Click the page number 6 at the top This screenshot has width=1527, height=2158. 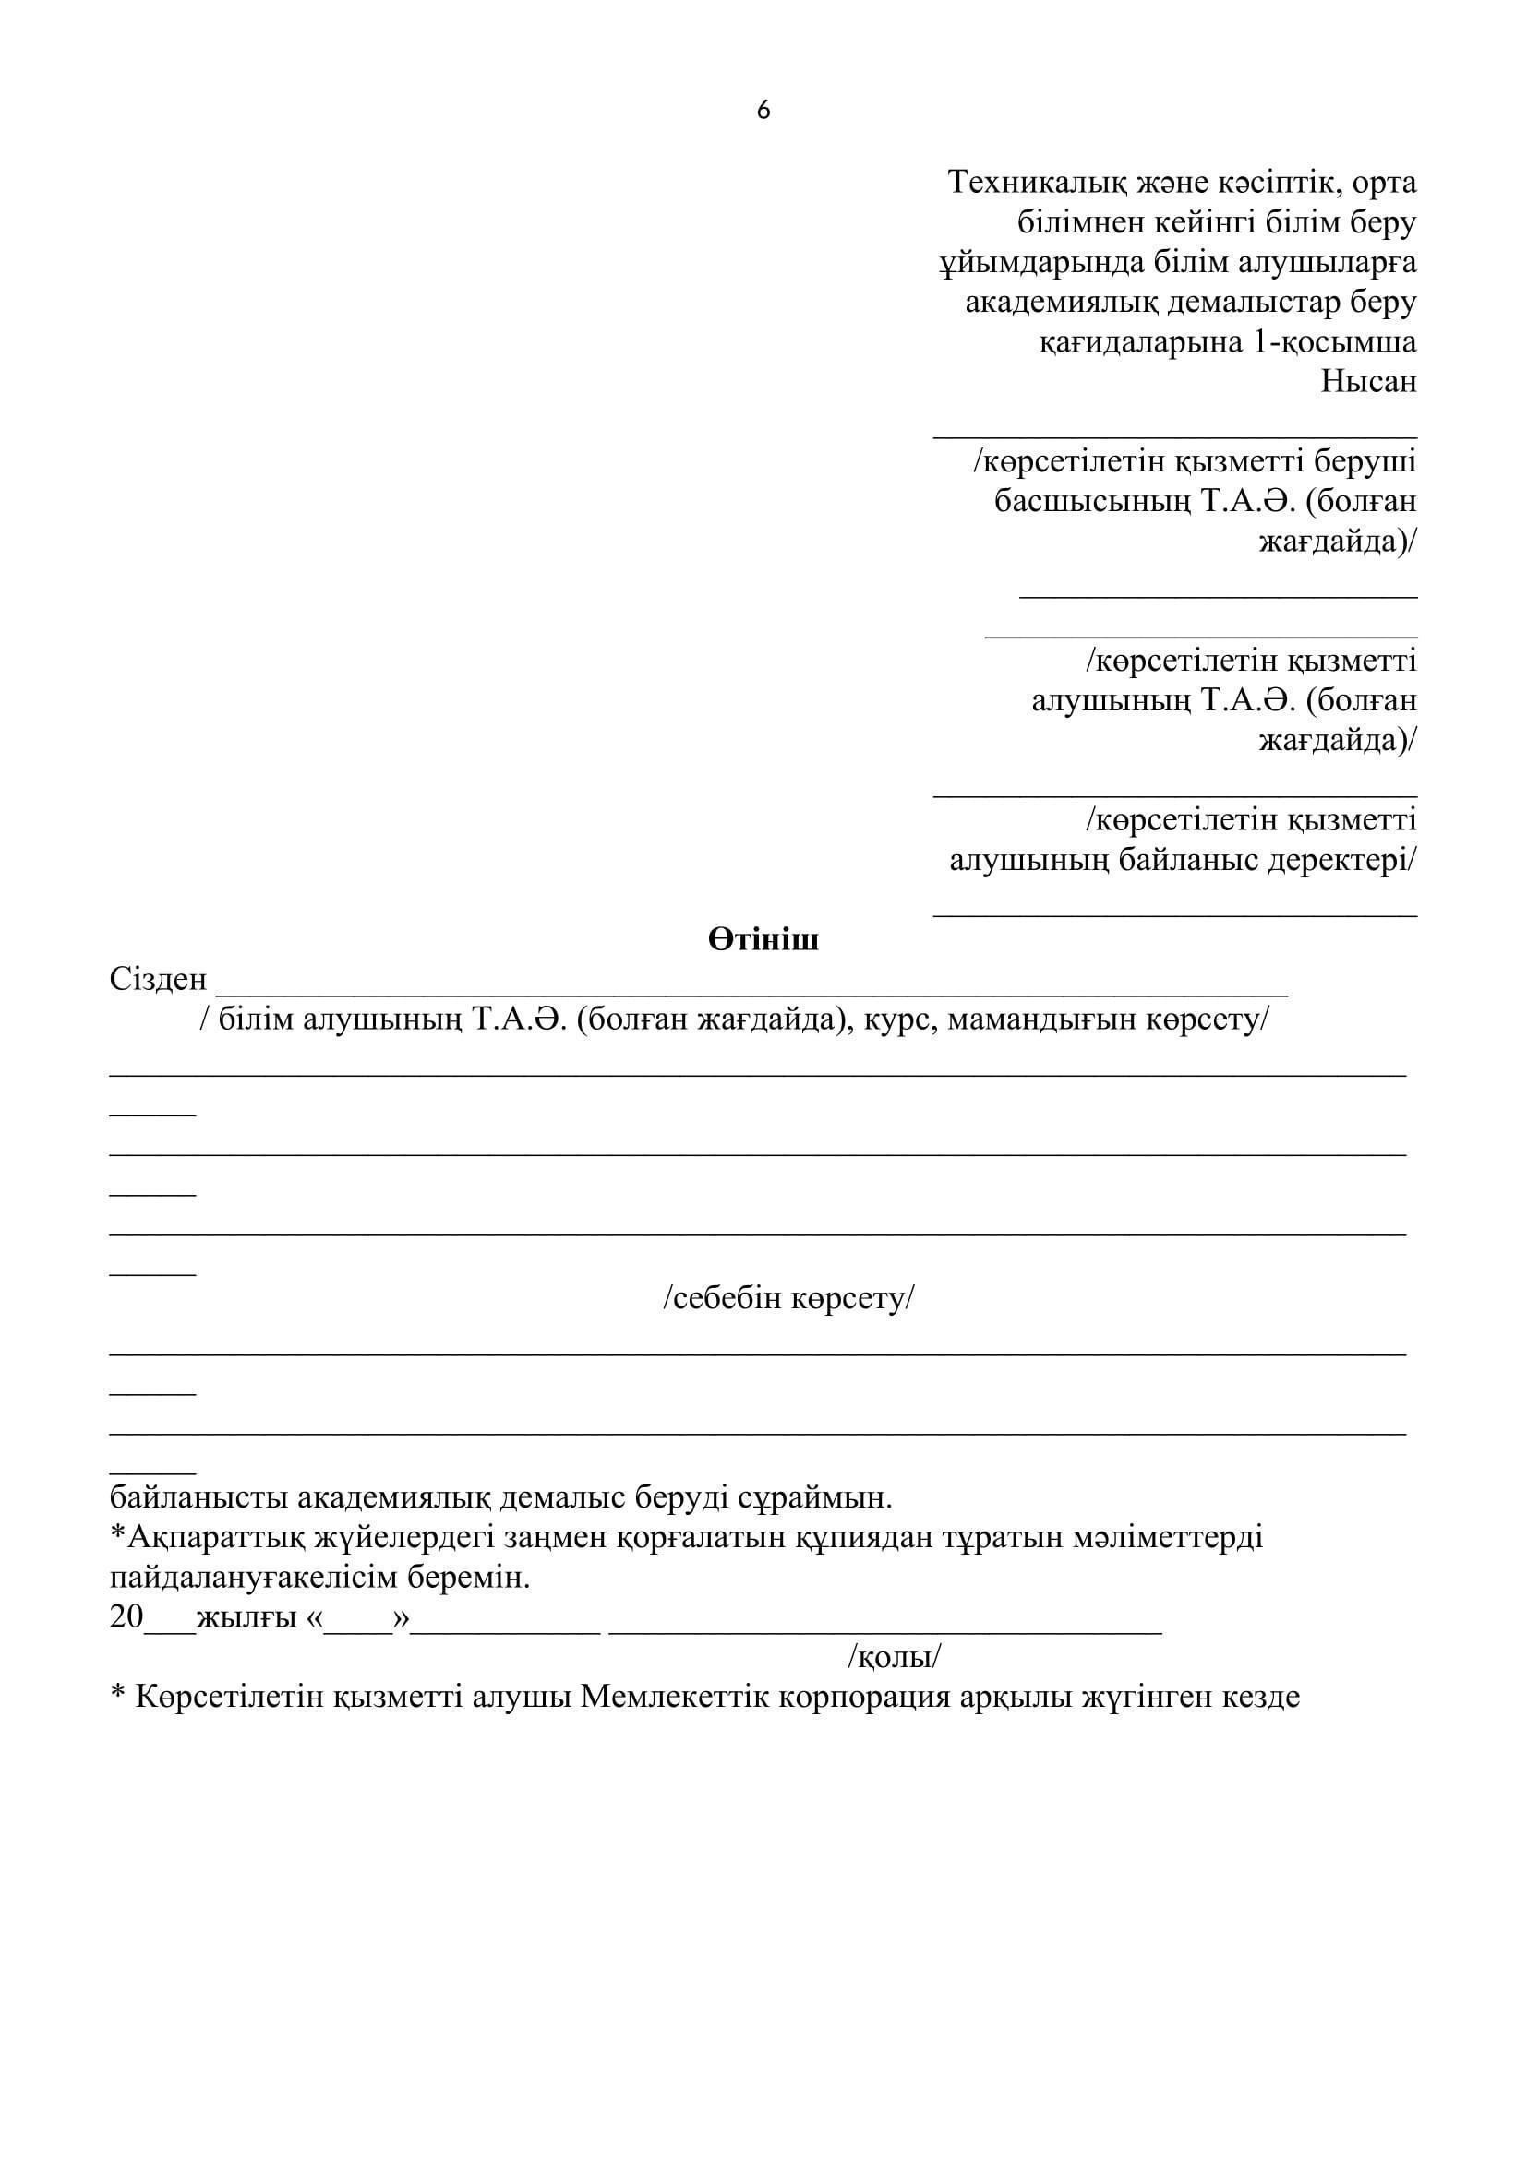(763, 111)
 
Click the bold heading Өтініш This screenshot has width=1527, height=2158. (763, 940)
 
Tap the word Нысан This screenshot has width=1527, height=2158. (1368, 383)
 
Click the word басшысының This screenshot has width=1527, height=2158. (1091, 502)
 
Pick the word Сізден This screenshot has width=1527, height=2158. (158, 980)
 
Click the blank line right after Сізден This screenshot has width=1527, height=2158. (752, 989)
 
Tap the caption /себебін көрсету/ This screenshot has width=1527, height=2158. (788, 1299)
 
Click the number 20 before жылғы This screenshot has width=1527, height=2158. (126, 1617)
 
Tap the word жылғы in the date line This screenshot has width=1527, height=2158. (246, 1617)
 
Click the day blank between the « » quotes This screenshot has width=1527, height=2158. (358, 1622)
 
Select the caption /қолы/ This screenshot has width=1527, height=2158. (895, 1657)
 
